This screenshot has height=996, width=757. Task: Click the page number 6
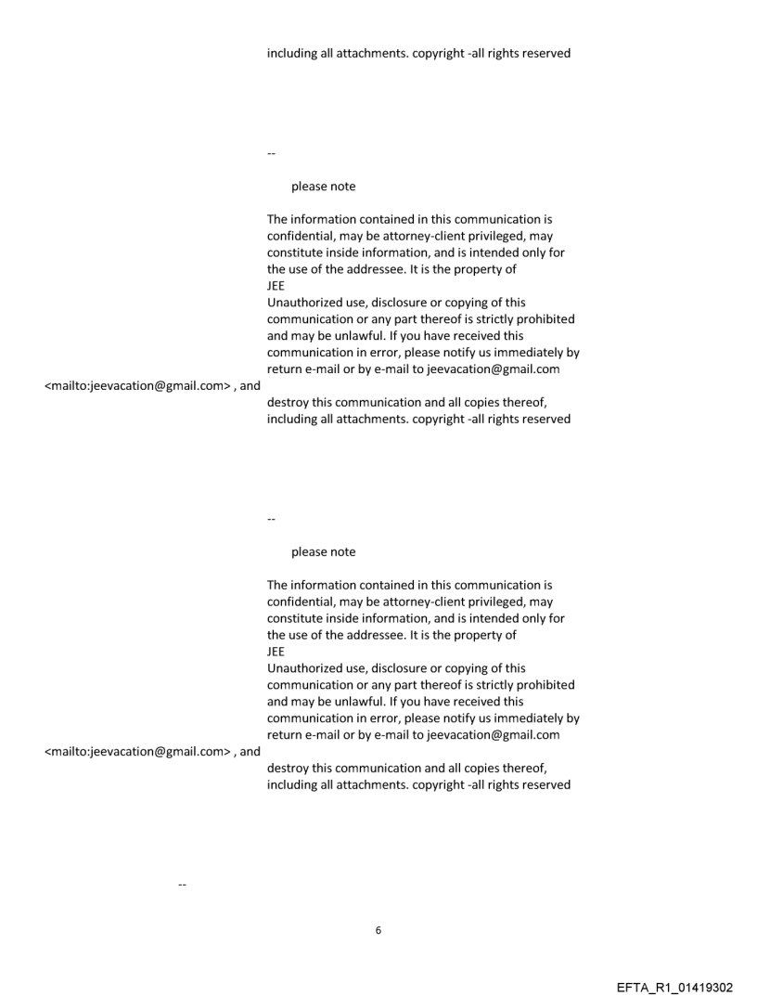point(378,929)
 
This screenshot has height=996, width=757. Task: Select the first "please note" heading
point(323,187)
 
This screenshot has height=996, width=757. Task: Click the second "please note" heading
point(323,551)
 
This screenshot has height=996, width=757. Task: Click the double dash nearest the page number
point(182,884)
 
